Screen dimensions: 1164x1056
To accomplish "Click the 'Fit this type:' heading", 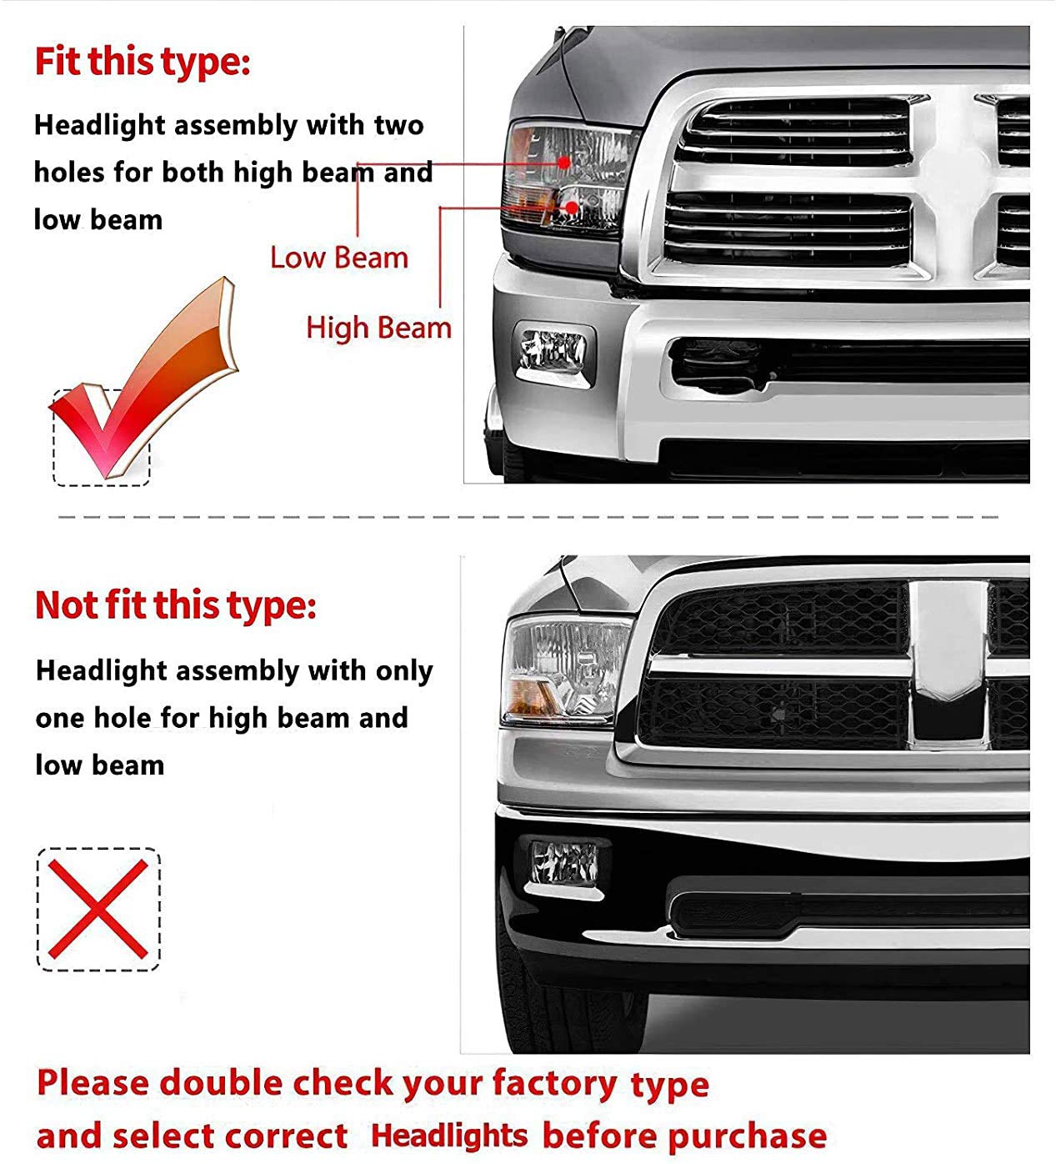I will pos(142,63).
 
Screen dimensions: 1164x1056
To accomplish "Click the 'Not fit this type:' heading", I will pos(175,605).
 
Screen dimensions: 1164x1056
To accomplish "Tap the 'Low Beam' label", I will pos(339,258).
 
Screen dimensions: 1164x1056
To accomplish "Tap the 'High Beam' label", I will pos(378,328).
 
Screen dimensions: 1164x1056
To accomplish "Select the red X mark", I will pos(98,909).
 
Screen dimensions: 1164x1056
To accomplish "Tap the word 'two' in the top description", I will pos(398,125).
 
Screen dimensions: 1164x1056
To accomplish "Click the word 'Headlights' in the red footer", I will pos(448,1136).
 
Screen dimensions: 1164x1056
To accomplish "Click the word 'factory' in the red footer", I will pos(554,1084).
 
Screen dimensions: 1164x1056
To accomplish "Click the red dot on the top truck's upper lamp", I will pos(564,161).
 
